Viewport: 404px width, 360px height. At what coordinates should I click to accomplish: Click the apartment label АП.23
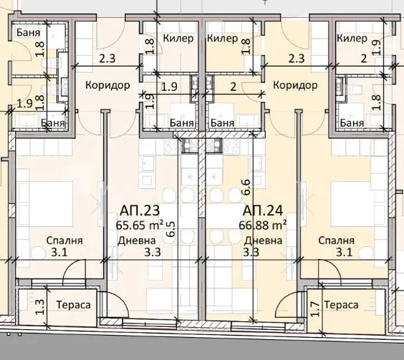pos(140,210)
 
